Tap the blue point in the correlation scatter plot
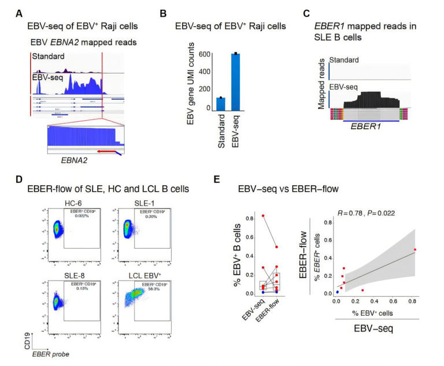pyautogui.click(x=337, y=292)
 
